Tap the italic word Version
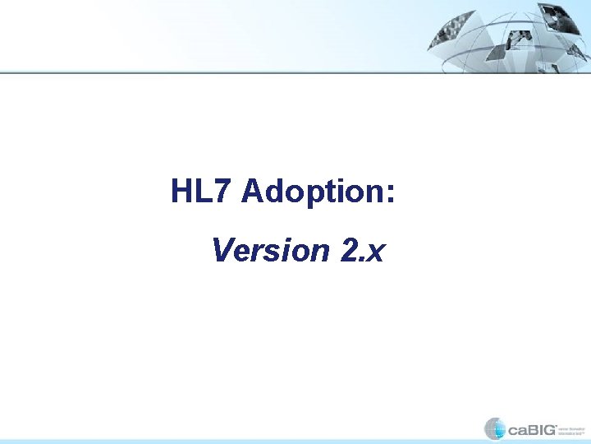[270, 250]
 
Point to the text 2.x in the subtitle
[361, 250]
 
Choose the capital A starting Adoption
[252, 192]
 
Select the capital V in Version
[222, 250]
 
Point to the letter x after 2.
[375, 252]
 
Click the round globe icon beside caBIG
[495, 428]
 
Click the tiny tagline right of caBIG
[573, 429]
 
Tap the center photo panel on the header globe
[517, 39]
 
